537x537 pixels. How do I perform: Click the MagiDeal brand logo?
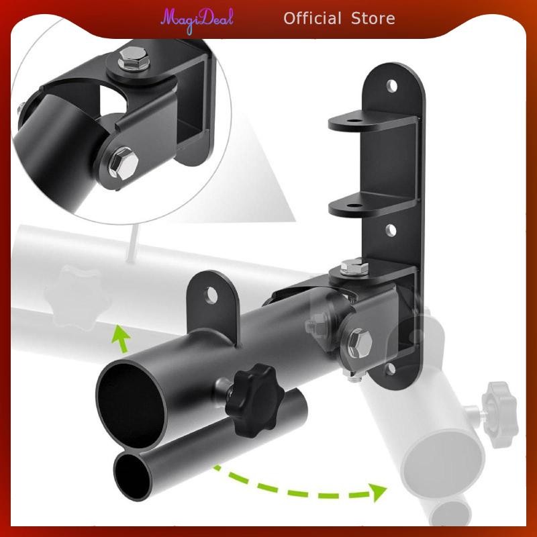coord(197,18)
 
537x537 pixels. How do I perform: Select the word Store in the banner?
coord(373,18)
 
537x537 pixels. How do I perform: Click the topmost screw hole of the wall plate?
coord(392,86)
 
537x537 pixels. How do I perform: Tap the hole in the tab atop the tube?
coord(213,295)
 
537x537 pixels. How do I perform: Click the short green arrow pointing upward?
coord(121,338)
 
